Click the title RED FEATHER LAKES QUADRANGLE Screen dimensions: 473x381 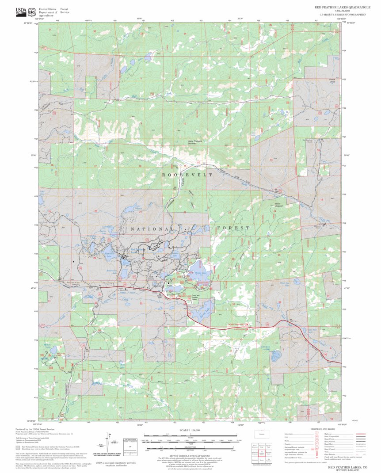click(340, 8)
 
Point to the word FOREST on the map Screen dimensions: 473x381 click(232, 228)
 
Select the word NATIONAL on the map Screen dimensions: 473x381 click(152, 229)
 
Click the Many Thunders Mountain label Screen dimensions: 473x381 click(192, 142)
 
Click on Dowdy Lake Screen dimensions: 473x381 click(197, 269)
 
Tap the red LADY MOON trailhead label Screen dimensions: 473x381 click(239, 329)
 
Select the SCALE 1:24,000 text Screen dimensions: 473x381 click(190, 430)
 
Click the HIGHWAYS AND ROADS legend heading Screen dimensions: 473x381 click(322, 429)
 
